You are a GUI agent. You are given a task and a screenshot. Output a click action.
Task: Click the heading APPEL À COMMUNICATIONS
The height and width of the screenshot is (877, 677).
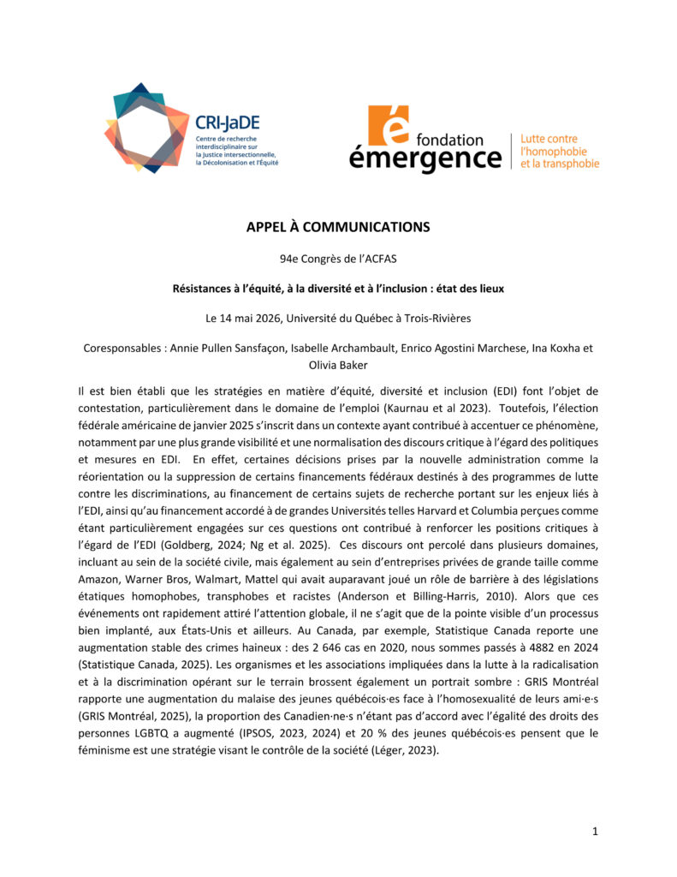pos(338,227)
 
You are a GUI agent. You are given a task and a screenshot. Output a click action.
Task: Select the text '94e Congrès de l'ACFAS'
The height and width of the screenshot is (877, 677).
pos(338,258)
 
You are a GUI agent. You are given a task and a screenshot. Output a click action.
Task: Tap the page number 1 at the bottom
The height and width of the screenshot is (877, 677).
pos(595,831)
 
